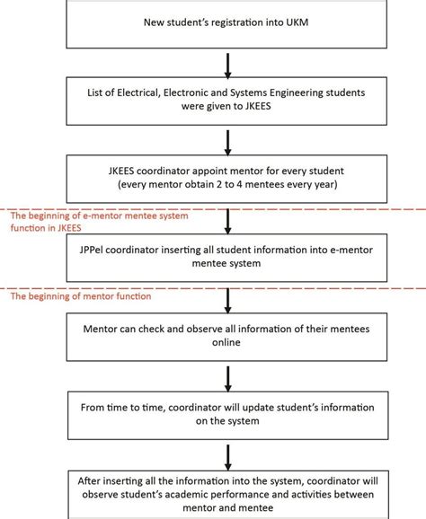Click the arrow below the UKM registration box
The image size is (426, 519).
coord(228,63)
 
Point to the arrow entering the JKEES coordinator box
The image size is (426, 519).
coord(228,141)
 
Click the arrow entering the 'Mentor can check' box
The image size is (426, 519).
coord(228,300)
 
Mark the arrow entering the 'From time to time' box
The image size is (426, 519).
coord(228,378)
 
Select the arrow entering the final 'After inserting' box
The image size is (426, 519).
coord(228,456)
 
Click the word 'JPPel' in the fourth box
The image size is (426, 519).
coord(94,251)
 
